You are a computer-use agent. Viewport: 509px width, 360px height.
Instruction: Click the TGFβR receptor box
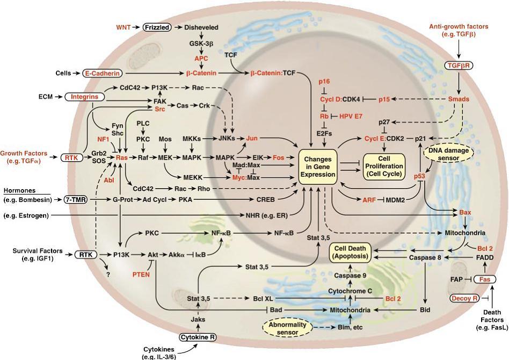coord(459,66)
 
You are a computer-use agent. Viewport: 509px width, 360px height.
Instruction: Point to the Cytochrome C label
coord(350,291)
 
